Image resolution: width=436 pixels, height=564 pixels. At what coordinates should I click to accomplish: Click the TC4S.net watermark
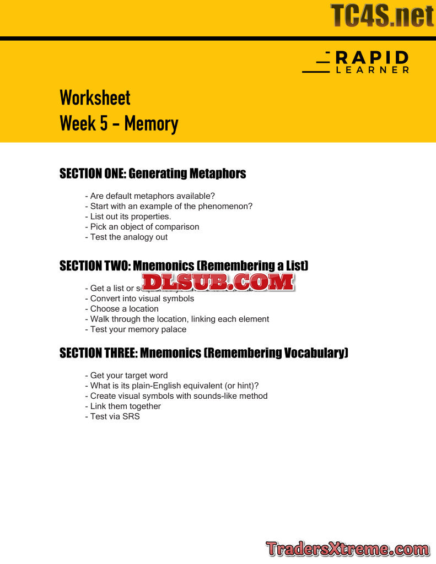[x=382, y=15]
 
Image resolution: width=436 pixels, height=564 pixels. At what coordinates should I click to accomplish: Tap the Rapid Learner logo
[x=356, y=62]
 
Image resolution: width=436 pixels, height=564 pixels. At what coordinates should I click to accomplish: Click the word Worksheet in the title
[x=95, y=98]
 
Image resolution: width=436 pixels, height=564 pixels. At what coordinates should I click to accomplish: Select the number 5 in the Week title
[x=103, y=123]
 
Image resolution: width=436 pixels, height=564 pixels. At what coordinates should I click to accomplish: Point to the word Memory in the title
[x=150, y=123]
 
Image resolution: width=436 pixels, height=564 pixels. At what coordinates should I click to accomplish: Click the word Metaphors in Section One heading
[x=217, y=173]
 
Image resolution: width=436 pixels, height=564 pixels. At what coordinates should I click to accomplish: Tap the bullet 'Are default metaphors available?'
[x=150, y=196]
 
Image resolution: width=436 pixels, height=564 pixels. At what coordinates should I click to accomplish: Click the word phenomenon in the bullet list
[x=227, y=206]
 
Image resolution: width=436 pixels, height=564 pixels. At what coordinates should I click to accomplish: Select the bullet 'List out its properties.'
[x=128, y=216]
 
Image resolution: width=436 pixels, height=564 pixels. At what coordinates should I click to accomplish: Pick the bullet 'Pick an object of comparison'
[x=142, y=226]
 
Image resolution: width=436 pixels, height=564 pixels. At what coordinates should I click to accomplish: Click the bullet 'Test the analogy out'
[x=126, y=237]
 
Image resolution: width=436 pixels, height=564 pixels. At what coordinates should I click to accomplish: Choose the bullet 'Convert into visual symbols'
[x=139, y=299]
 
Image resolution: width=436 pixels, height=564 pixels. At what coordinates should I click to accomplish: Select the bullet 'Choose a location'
[x=122, y=308]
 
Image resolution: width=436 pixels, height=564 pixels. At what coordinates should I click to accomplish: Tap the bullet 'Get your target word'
[x=126, y=376]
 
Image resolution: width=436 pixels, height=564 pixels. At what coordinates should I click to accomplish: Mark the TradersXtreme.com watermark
[x=347, y=549]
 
